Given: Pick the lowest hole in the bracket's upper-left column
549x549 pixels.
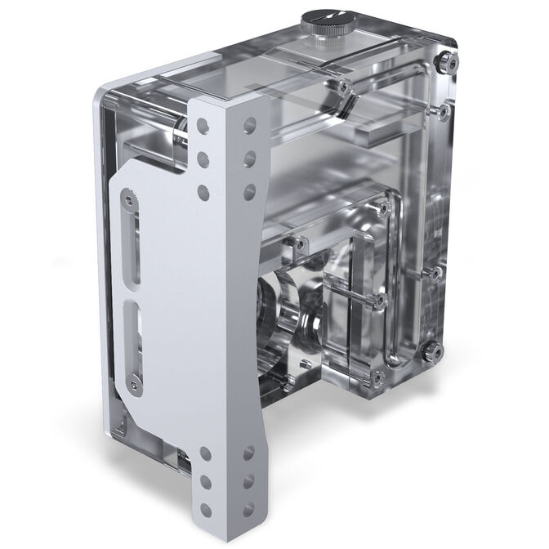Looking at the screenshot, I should pyautogui.click(x=203, y=192).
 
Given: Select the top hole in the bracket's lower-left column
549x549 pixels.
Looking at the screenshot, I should pyautogui.click(x=204, y=452).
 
